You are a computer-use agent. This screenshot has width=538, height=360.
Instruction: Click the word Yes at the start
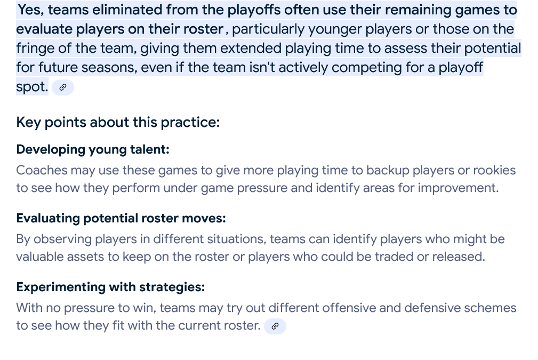(x=31, y=10)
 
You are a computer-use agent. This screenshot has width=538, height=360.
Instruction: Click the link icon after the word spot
(x=63, y=87)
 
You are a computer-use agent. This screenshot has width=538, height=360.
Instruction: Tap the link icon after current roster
(x=275, y=326)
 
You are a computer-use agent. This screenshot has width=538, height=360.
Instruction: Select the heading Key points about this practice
(x=118, y=123)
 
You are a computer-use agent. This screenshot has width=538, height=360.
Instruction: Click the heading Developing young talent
(x=93, y=150)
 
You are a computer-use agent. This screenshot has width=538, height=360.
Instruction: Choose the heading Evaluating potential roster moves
(x=121, y=218)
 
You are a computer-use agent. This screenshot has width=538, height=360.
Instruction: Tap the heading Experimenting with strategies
(x=110, y=287)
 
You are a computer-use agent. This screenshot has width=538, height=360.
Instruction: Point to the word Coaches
(x=42, y=170)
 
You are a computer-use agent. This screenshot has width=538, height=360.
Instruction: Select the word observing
(x=62, y=239)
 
